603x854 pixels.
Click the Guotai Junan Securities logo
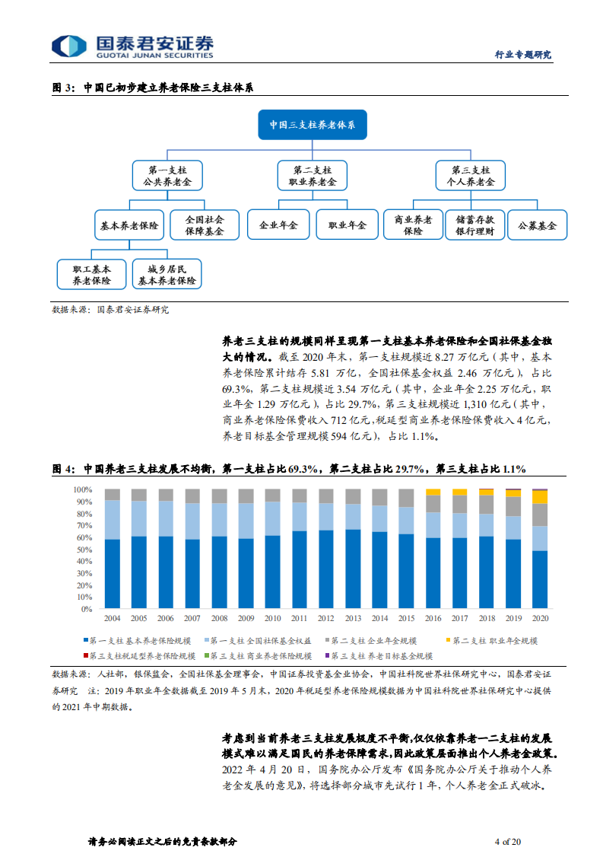pyautogui.click(x=134, y=46)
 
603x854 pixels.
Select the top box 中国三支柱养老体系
pyautogui.click(x=313, y=124)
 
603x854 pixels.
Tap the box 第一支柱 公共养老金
pyautogui.click(x=167, y=175)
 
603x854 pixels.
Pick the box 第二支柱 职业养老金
pyautogui.click(x=312, y=175)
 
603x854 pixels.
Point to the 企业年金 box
pyautogui.click(x=278, y=225)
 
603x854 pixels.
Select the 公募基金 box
pyautogui.click(x=538, y=225)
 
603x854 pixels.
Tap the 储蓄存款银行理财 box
pyautogui.click(x=474, y=225)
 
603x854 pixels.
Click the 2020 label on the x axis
pyautogui.click(x=539, y=618)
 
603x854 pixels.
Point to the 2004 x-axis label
pyautogui.click(x=112, y=618)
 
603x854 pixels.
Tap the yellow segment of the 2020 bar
pyautogui.click(x=539, y=497)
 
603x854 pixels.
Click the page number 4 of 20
pyautogui.click(x=507, y=841)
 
